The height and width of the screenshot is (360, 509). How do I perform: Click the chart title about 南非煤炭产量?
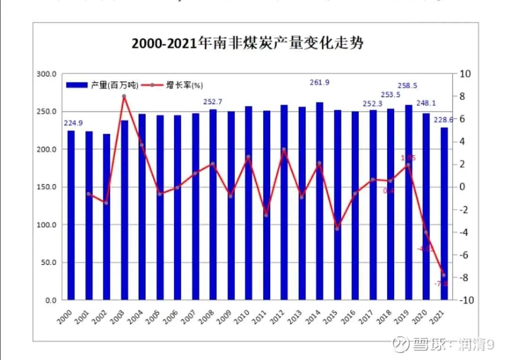click(x=247, y=43)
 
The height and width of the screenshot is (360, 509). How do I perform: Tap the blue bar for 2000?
click(x=71, y=215)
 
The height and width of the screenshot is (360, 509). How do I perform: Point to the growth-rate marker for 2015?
click(x=337, y=229)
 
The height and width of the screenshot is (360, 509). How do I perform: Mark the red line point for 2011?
click(x=266, y=215)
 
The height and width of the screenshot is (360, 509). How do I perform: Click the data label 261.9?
click(x=320, y=83)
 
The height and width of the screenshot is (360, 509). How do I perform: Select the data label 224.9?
click(x=73, y=123)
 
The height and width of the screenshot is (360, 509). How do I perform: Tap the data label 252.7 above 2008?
click(x=213, y=101)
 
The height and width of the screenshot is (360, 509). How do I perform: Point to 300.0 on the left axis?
click(x=47, y=74)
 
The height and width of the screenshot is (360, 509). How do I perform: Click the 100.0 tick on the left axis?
click(x=47, y=225)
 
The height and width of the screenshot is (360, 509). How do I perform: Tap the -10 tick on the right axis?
click(x=465, y=300)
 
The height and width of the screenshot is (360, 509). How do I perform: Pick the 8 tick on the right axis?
click(x=463, y=96)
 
